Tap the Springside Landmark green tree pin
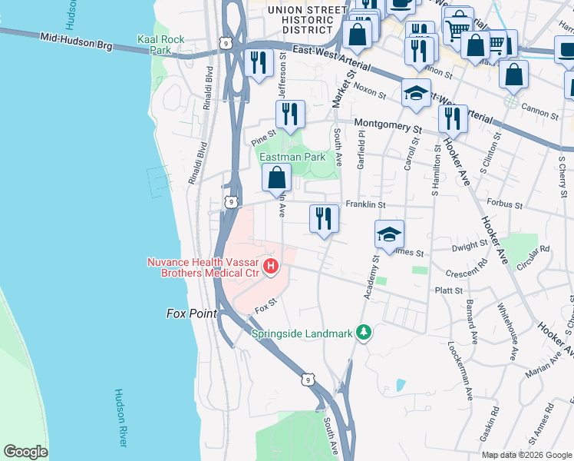pyautogui.click(x=367, y=333)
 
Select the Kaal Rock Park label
pyautogui.click(x=153, y=45)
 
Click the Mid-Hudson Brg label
pyautogui.click(x=76, y=41)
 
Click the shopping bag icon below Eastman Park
pyautogui.click(x=276, y=179)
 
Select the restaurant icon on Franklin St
pyautogui.click(x=325, y=218)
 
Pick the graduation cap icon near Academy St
pyautogui.click(x=389, y=234)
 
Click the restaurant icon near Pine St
pyautogui.click(x=290, y=115)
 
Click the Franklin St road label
pyautogui.click(x=365, y=205)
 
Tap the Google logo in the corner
pyautogui.click(x=25, y=451)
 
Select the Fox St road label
pyautogui.click(x=265, y=310)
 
